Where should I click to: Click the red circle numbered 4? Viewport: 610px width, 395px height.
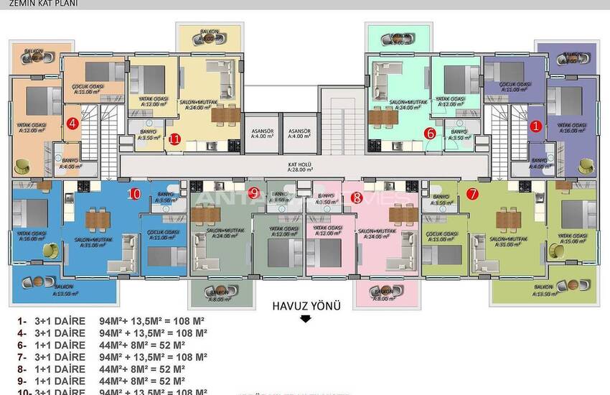coord(72,124)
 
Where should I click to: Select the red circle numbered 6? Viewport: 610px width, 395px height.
coord(430,132)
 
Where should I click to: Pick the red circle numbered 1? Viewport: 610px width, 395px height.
coord(535,125)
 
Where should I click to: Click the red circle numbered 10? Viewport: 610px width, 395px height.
coord(133,193)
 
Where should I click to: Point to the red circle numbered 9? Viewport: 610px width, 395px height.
coord(255,192)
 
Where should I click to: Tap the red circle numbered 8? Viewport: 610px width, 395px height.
coord(357,196)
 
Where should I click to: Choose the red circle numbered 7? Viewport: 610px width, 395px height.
coord(471,193)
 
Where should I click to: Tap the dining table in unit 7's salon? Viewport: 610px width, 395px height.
coord(509,217)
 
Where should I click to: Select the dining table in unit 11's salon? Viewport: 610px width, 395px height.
coord(223,113)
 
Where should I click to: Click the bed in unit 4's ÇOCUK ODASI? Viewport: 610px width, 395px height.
coord(105,70)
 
